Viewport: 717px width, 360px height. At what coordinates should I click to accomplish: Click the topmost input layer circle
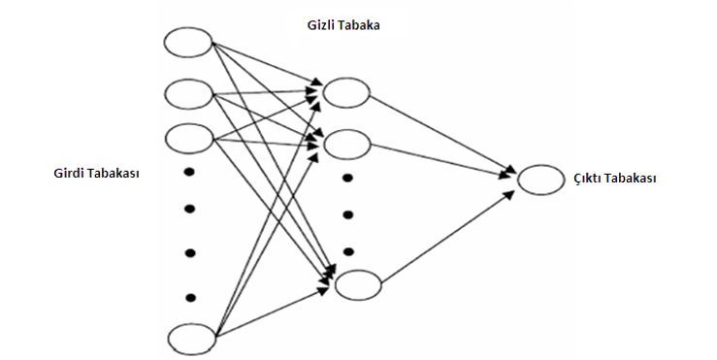(188, 42)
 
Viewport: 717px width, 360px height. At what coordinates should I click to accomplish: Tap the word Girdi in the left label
(71, 175)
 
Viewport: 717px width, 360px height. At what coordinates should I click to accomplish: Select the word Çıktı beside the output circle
(585, 180)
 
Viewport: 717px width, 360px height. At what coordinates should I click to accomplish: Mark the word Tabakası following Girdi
(116, 175)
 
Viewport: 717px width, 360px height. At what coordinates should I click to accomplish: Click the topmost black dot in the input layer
(190, 174)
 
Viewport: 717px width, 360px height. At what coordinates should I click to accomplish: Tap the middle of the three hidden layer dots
(346, 214)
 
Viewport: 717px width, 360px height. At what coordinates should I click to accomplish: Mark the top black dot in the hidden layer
(346, 180)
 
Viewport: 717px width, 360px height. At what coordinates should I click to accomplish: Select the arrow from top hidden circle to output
(441, 136)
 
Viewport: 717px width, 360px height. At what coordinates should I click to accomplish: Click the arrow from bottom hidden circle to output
(446, 238)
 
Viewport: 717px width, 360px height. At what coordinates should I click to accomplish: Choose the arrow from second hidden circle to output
(441, 162)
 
